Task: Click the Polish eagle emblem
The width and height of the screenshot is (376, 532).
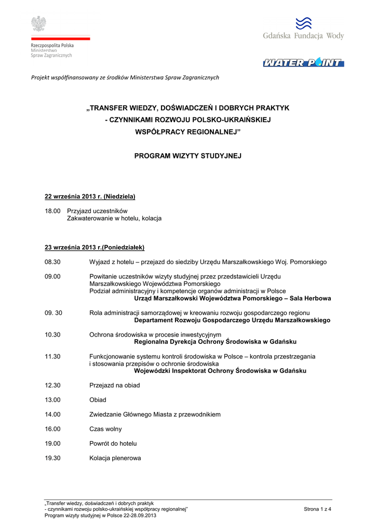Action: (x=38, y=24)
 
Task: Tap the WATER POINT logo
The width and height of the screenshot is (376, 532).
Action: (x=303, y=63)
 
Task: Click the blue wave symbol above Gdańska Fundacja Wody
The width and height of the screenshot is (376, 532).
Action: (x=303, y=23)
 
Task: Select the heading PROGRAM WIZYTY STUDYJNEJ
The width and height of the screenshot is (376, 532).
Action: (x=188, y=155)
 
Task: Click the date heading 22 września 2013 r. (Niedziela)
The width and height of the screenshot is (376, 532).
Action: (x=90, y=196)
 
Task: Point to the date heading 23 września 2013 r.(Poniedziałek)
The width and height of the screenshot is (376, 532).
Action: (x=95, y=247)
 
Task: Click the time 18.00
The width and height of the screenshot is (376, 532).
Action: (x=52, y=211)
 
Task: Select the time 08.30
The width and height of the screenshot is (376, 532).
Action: (x=52, y=262)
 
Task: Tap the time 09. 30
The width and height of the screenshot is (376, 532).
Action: (x=53, y=313)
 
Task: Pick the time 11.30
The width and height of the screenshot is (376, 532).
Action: (x=52, y=356)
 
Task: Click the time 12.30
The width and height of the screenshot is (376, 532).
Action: (x=52, y=385)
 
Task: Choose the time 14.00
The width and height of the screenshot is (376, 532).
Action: (x=52, y=415)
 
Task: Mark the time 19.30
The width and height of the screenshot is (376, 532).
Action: (x=52, y=458)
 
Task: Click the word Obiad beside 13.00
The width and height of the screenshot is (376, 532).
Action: (x=98, y=400)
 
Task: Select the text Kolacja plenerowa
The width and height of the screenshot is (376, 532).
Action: (x=115, y=458)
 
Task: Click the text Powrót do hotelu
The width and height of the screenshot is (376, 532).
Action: (x=113, y=444)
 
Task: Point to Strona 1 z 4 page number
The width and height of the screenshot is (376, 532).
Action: (x=317, y=509)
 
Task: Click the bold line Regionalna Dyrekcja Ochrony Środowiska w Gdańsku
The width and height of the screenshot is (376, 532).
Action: (x=215, y=342)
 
